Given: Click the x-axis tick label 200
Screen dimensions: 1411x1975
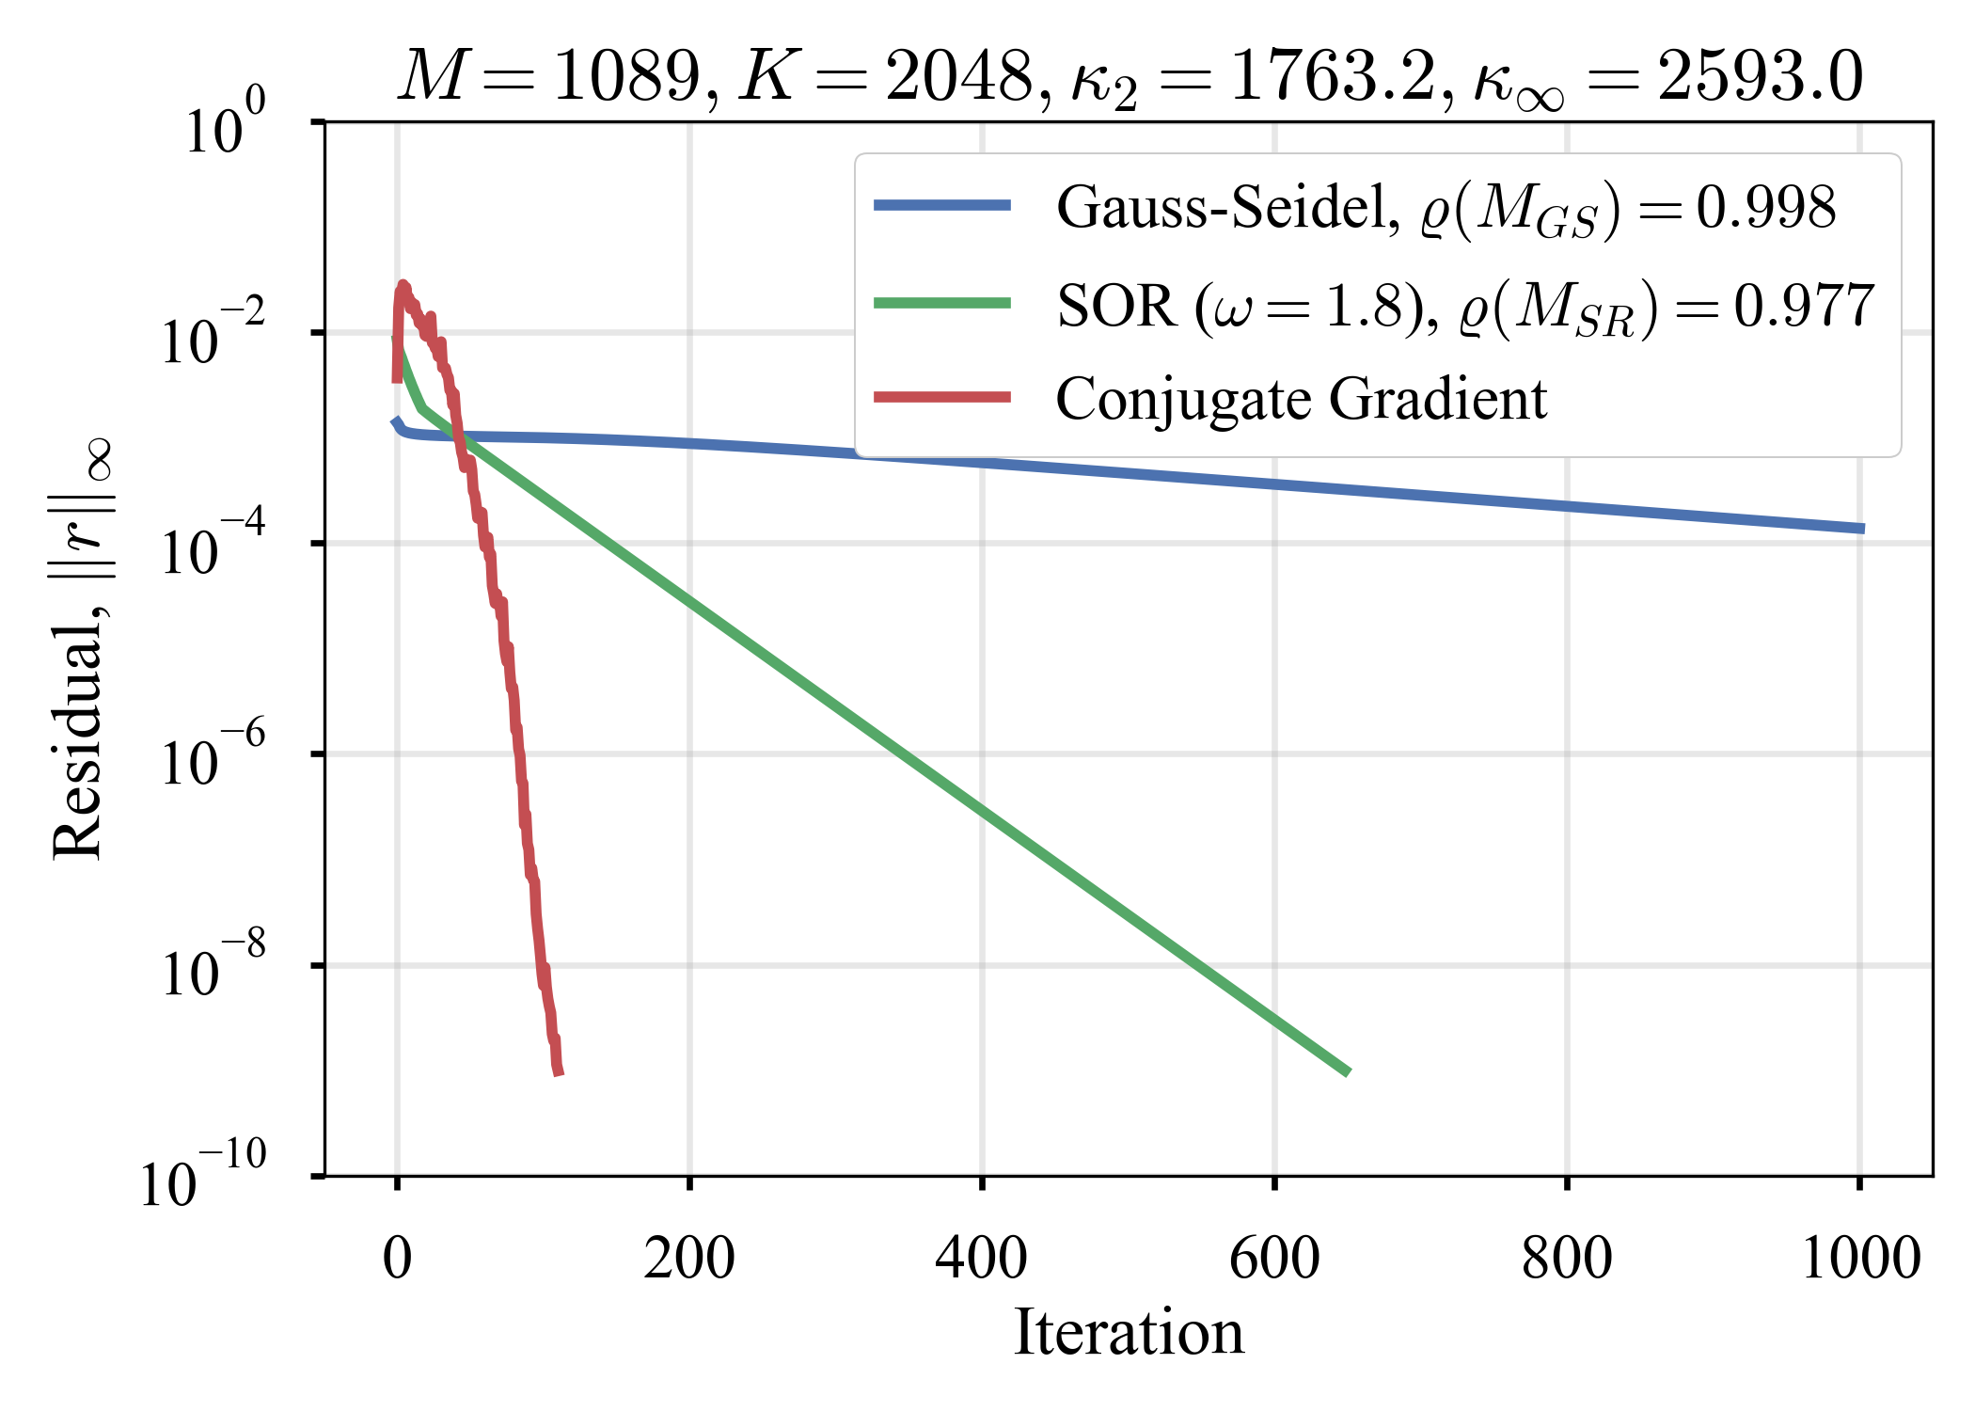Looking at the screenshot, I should tap(688, 1259).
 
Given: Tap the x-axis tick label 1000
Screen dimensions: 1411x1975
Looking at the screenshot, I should tap(1859, 1259).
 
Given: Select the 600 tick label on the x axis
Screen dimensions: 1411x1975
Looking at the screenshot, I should tap(1274, 1259).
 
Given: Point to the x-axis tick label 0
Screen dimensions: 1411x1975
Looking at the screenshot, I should tap(397, 1259).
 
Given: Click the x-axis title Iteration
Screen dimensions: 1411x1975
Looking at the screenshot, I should tap(1129, 1332).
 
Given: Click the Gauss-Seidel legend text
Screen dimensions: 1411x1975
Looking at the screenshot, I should tap(1227, 207).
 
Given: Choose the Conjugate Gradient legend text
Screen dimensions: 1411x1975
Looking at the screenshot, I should tap(1301, 399).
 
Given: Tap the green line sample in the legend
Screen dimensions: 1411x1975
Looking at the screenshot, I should tap(942, 303).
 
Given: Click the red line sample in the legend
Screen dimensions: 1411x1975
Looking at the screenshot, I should tap(942, 398).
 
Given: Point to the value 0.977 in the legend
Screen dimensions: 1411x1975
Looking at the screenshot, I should tap(1804, 306).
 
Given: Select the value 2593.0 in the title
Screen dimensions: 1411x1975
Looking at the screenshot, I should tap(1760, 77).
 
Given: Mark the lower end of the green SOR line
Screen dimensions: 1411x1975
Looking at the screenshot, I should tap(1349, 1072).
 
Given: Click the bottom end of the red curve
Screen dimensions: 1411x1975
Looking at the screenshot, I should tap(559, 1072).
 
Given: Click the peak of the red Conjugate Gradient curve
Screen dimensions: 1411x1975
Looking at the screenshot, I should tap(403, 284).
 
